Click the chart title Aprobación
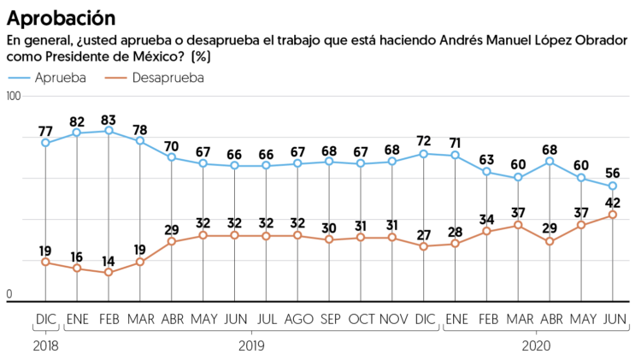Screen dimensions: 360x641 pyautogui.click(x=62, y=17)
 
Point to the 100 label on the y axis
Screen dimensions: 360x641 pyautogui.click(x=14, y=97)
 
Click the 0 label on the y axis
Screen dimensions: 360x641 pyautogui.click(x=9, y=294)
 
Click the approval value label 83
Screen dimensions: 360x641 pyautogui.click(x=109, y=118)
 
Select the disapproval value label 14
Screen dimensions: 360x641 pyautogui.click(x=109, y=260)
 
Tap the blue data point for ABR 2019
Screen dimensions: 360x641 pyautogui.click(x=172, y=157)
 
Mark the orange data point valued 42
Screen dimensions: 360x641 pyautogui.click(x=613, y=215)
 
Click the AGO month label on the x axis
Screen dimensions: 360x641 pyautogui.click(x=297, y=319)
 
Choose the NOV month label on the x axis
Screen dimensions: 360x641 pyautogui.click(x=391, y=319)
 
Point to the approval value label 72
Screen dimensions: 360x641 pyautogui.click(x=424, y=140)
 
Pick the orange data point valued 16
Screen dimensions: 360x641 pyautogui.click(x=77, y=269)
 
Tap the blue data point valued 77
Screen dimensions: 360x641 pyautogui.click(x=45, y=143)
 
